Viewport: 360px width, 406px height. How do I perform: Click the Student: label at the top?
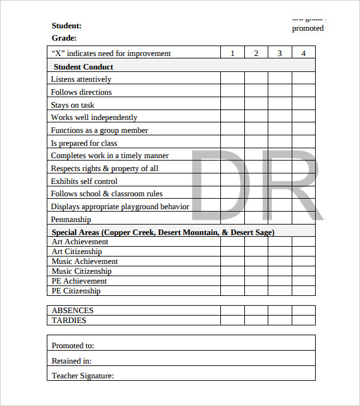(x=66, y=26)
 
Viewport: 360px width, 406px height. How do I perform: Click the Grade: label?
(x=64, y=38)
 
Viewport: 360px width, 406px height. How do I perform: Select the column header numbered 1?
(x=233, y=54)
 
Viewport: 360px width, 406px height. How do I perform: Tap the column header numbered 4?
(x=303, y=54)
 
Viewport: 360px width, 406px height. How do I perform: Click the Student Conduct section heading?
(x=84, y=67)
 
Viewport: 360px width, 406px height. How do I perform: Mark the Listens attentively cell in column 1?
(x=233, y=79)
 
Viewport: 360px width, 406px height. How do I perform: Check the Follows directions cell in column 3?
(x=280, y=92)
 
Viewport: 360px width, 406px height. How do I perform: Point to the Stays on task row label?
(x=73, y=105)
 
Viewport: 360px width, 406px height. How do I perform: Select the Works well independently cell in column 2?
(x=256, y=117)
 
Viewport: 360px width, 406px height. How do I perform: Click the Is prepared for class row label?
(x=84, y=143)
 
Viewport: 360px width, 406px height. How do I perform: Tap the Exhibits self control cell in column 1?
(x=233, y=181)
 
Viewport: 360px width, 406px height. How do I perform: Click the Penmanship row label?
(x=71, y=220)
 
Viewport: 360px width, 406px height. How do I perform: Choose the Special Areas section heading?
(x=163, y=233)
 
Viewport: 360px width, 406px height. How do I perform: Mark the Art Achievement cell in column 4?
(x=303, y=242)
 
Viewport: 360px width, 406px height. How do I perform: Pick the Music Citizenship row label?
(x=82, y=271)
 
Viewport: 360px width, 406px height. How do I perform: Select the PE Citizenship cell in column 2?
(x=256, y=291)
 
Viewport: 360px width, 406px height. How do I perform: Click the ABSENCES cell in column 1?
(x=233, y=311)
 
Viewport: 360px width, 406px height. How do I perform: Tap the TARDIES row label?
(x=69, y=320)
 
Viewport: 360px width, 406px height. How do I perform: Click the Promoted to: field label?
(x=73, y=346)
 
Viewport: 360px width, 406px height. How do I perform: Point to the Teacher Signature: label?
(x=82, y=375)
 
